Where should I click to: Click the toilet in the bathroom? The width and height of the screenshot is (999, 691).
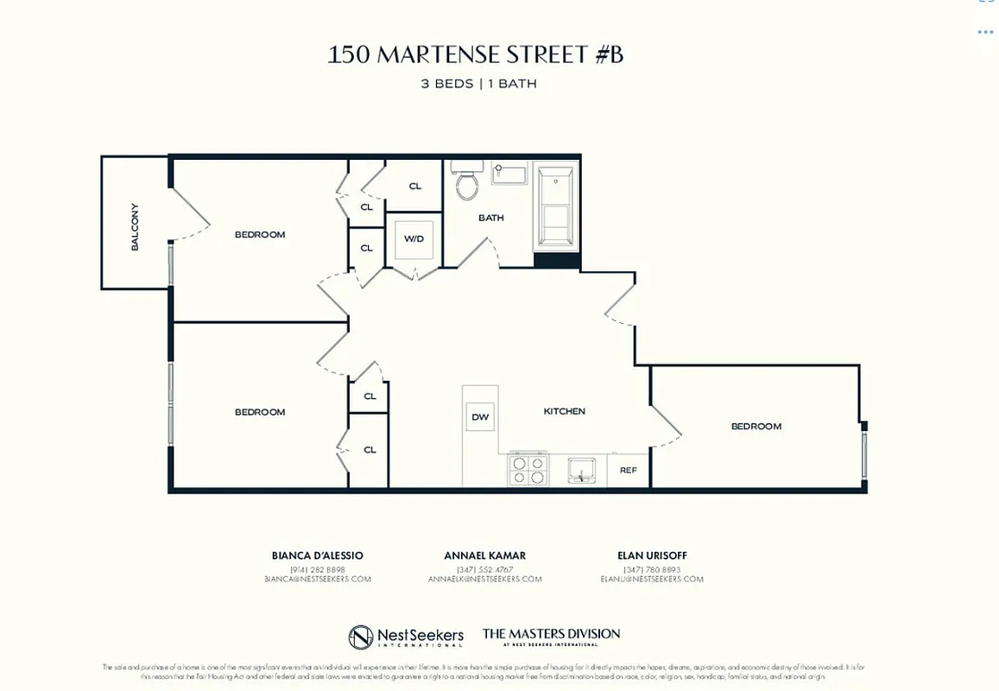click(467, 182)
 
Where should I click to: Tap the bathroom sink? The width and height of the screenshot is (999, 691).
click(509, 174)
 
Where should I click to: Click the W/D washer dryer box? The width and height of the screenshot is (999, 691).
click(414, 239)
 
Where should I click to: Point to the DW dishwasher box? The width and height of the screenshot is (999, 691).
click(480, 417)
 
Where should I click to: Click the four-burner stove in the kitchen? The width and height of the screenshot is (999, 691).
click(528, 470)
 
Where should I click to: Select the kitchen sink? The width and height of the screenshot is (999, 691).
click(581, 471)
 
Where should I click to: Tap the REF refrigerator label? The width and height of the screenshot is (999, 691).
click(628, 471)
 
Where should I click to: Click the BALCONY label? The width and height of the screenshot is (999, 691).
click(135, 226)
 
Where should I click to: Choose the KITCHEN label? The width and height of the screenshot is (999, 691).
click(565, 411)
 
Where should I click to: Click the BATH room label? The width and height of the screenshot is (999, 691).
click(491, 218)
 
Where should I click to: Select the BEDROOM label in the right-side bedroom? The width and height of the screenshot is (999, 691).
click(756, 426)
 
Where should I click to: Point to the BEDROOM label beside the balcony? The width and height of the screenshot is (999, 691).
click(260, 234)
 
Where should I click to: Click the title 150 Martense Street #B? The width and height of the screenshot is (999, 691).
click(475, 55)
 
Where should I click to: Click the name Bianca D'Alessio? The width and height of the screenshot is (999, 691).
click(318, 555)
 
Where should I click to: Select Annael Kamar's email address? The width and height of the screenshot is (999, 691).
click(484, 580)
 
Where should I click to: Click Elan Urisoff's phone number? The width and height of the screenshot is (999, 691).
click(652, 568)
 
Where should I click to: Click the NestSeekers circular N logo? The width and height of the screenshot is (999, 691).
click(360, 637)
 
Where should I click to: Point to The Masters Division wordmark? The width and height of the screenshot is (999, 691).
click(551, 636)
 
